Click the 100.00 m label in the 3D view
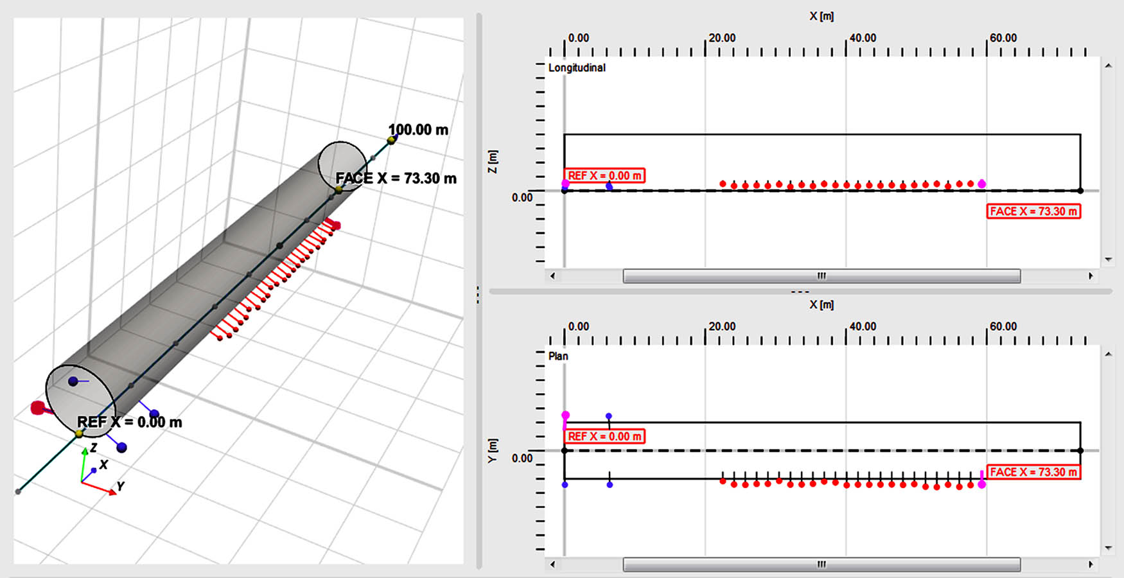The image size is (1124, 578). [x=418, y=130]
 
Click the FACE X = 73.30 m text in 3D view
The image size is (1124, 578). [x=396, y=179]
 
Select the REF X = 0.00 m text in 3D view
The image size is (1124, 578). [x=129, y=422]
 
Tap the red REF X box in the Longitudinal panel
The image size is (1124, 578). [x=604, y=175]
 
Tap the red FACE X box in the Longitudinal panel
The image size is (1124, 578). [x=1033, y=211]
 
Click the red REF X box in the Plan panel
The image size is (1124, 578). [x=604, y=436]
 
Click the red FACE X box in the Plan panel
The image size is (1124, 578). [x=1033, y=472]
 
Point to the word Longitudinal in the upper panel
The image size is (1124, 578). [x=577, y=68]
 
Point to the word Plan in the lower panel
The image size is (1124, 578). [x=558, y=356]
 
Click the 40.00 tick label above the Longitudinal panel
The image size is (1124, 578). [x=863, y=38]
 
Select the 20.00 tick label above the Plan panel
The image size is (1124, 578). [x=722, y=326]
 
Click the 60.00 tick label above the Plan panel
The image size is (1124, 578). [x=1003, y=326]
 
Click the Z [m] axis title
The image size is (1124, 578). [x=493, y=161]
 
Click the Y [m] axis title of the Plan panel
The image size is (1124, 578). [x=493, y=450]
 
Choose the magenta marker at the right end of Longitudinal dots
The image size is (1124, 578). [x=981, y=184]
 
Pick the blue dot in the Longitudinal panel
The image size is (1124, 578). [x=610, y=186]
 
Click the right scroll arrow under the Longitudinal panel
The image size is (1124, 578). [x=1090, y=276]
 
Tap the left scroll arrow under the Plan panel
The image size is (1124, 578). [x=552, y=565]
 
